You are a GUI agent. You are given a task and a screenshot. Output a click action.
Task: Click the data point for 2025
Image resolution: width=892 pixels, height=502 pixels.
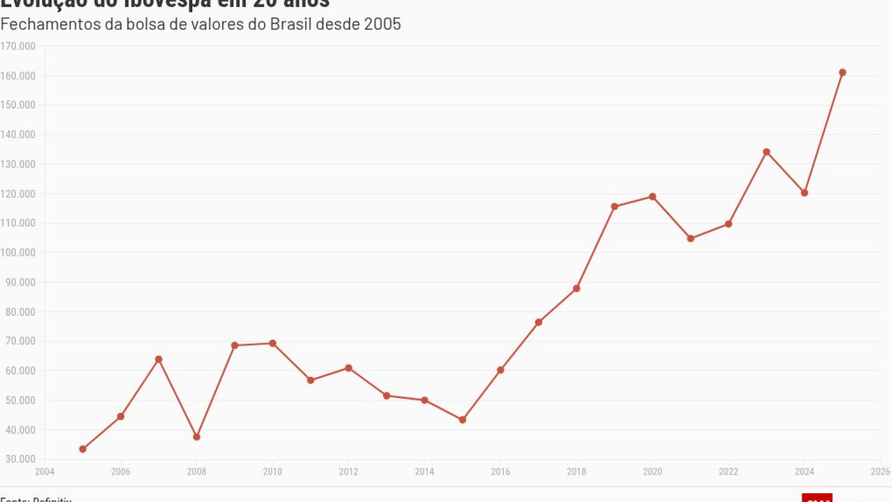842,73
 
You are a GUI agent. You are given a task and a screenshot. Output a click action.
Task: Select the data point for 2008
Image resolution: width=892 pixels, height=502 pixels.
197,437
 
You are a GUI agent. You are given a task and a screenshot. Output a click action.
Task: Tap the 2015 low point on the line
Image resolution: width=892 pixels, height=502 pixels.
463,420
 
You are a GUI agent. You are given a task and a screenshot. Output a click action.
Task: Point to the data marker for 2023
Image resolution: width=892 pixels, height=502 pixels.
767,152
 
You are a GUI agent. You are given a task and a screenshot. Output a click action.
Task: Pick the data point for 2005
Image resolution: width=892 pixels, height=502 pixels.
83,449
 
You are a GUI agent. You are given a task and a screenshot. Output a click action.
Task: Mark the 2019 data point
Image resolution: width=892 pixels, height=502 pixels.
614,207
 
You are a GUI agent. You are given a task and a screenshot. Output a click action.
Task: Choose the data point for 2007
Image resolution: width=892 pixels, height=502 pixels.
159,359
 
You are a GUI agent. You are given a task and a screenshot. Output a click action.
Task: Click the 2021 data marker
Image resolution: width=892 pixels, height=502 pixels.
691,239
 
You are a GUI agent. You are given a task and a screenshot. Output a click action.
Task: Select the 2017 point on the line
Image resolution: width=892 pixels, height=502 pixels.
539,322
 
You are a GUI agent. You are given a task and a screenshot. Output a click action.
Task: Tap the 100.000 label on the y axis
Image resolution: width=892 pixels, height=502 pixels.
18,253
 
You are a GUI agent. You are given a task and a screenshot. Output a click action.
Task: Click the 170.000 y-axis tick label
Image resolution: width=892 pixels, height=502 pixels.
18,46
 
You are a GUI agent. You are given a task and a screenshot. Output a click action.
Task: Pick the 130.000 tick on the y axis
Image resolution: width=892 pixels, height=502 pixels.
18,164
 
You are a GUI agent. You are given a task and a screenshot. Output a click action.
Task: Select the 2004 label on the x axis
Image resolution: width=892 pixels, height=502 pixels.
45,472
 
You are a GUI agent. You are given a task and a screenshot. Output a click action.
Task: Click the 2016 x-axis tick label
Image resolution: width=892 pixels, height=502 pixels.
501,472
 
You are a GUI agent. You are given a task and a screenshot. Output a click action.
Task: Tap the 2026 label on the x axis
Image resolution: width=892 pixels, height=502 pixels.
880,472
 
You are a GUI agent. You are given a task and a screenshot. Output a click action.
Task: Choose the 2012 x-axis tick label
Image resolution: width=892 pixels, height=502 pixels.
348,472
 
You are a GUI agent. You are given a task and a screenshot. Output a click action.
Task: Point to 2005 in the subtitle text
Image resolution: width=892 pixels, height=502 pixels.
382,25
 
